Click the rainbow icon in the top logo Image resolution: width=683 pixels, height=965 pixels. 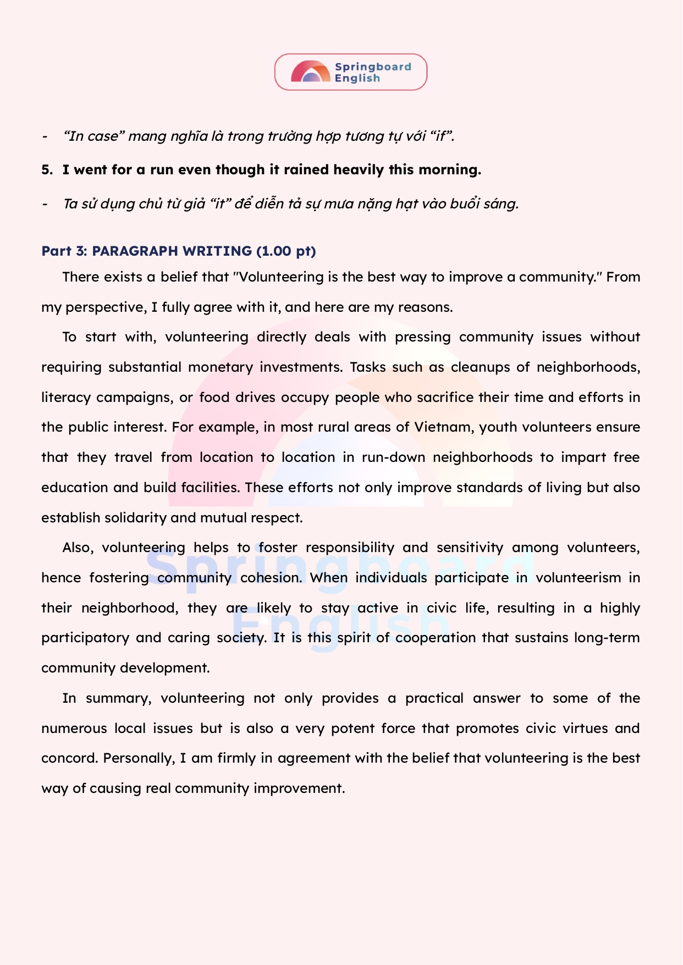pyautogui.click(x=310, y=72)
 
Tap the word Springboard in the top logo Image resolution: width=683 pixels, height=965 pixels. pyautogui.click(x=373, y=67)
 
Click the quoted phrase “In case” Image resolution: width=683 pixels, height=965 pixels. pyautogui.click(x=91, y=136)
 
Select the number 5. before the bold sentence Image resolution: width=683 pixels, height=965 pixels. pyautogui.click(x=47, y=169)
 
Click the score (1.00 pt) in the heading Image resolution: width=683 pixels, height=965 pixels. pyautogui.click(x=286, y=251)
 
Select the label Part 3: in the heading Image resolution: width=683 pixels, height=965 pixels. pyautogui.click(x=64, y=251)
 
